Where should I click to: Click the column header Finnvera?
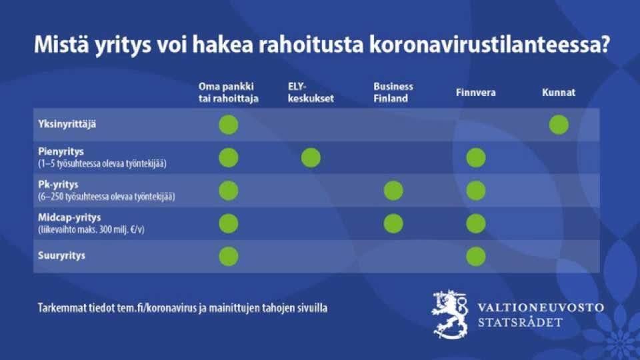point(475,93)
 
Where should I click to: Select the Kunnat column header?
point(559,93)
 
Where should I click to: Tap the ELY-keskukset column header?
point(311,92)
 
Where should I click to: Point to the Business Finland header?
point(393,92)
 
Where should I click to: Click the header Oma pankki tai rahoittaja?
point(228,92)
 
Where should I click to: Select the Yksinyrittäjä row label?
point(67,124)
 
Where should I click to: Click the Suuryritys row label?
point(61,255)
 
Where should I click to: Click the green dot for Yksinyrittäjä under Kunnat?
point(559,125)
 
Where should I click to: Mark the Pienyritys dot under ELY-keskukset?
point(311,158)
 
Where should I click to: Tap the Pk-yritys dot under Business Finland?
point(393,191)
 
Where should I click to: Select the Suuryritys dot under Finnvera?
point(476,256)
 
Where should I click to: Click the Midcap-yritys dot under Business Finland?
point(393,224)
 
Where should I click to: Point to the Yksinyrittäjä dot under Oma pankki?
point(229,125)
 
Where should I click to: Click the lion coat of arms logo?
point(450,314)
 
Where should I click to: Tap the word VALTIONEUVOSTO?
point(541,307)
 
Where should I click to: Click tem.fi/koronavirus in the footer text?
point(157,308)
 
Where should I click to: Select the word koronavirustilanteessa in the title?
point(489,45)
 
